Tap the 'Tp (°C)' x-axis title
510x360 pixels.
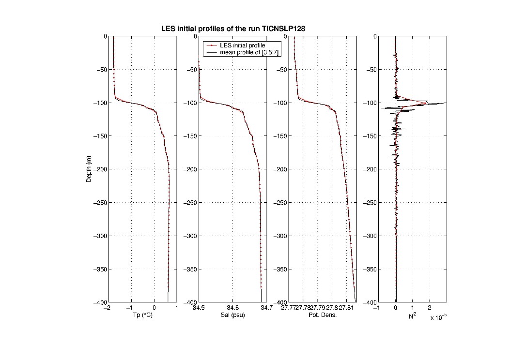(143, 315)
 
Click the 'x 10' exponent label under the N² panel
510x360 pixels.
(437, 317)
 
